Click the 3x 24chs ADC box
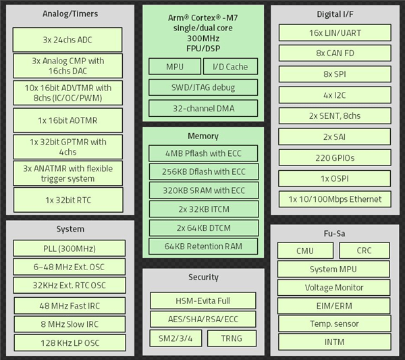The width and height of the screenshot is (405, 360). [x=67, y=40]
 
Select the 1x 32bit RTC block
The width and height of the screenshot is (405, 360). [x=68, y=200]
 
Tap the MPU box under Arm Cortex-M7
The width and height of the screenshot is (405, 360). [x=175, y=66]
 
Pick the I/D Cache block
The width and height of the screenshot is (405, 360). [x=230, y=66]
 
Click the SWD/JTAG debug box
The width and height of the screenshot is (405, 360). [x=203, y=87]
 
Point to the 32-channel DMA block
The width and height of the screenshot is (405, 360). [x=203, y=108]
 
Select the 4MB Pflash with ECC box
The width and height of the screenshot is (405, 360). [x=203, y=153]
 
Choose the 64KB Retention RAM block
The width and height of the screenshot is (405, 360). [x=203, y=247]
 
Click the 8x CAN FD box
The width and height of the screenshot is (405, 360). [x=335, y=53]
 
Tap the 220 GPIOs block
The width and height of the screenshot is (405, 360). [x=335, y=157]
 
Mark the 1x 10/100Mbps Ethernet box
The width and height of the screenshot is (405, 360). [x=335, y=199]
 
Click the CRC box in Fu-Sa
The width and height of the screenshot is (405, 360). [x=364, y=250]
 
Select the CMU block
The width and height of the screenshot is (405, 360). [x=305, y=250]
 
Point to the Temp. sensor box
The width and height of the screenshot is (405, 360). [x=334, y=324]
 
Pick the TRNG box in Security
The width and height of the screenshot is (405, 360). [x=232, y=338]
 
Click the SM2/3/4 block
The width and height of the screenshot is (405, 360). [x=175, y=338]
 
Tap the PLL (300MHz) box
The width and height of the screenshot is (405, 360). [x=70, y=249]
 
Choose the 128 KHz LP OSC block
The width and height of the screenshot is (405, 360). [x=70, y=342]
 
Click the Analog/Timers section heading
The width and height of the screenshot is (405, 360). [x=70, y=14]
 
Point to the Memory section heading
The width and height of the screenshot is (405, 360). [x=203, y=136]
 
